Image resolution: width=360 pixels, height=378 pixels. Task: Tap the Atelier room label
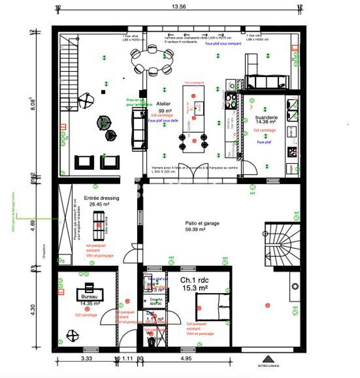(164, 103)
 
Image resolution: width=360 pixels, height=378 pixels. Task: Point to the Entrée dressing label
(101, 198)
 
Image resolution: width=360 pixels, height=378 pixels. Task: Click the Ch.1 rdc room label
(193, 279)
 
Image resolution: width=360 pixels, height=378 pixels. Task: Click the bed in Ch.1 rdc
(213, 306)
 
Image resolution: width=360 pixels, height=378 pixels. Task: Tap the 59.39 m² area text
(196, 229)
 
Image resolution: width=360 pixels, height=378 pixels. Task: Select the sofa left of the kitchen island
(137, 129)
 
